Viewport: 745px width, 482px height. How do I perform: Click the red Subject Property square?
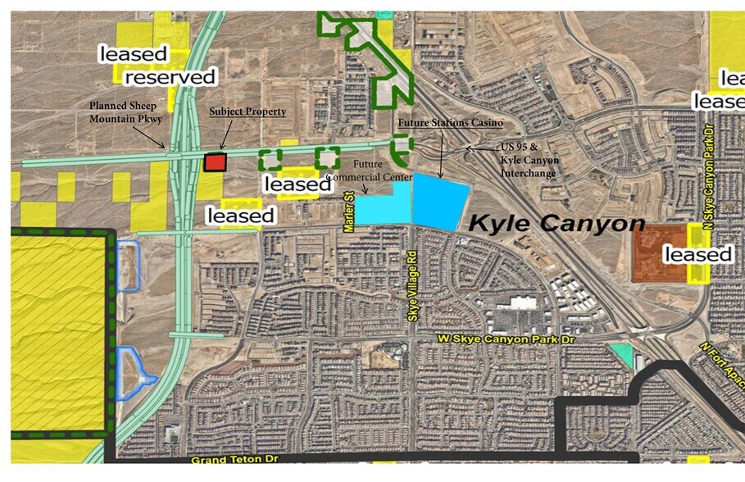tap(215, 162)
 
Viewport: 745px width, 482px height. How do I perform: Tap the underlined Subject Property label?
tap(248, 111)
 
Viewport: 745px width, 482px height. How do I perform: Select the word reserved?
tap(170, 77)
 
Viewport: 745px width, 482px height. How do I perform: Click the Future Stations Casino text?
tap(448, 122)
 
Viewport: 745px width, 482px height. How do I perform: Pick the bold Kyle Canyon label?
tap(556, 222)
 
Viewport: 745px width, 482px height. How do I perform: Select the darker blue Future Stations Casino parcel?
tap(441, 201)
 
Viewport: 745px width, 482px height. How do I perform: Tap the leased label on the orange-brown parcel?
tap(697, 254)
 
